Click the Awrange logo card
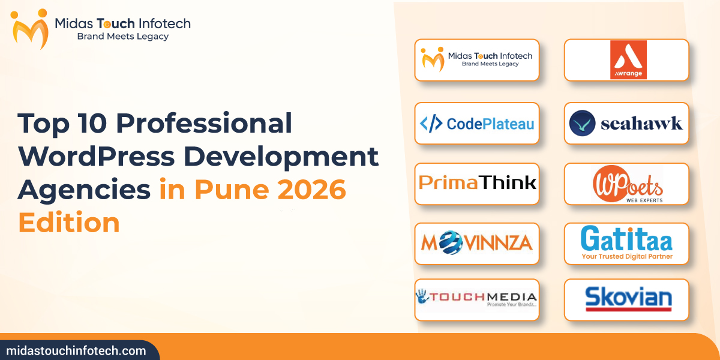626,60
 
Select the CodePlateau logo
477,124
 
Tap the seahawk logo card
626,124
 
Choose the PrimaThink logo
477,182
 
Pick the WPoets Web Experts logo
626,184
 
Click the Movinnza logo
477,243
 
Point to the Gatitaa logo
626,243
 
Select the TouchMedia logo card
477,299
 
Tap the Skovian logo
626,299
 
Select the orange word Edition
69,223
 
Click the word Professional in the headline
204,124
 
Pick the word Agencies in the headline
84,190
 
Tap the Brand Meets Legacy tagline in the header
123,37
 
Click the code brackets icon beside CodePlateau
431,124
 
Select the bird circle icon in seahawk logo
582,124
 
